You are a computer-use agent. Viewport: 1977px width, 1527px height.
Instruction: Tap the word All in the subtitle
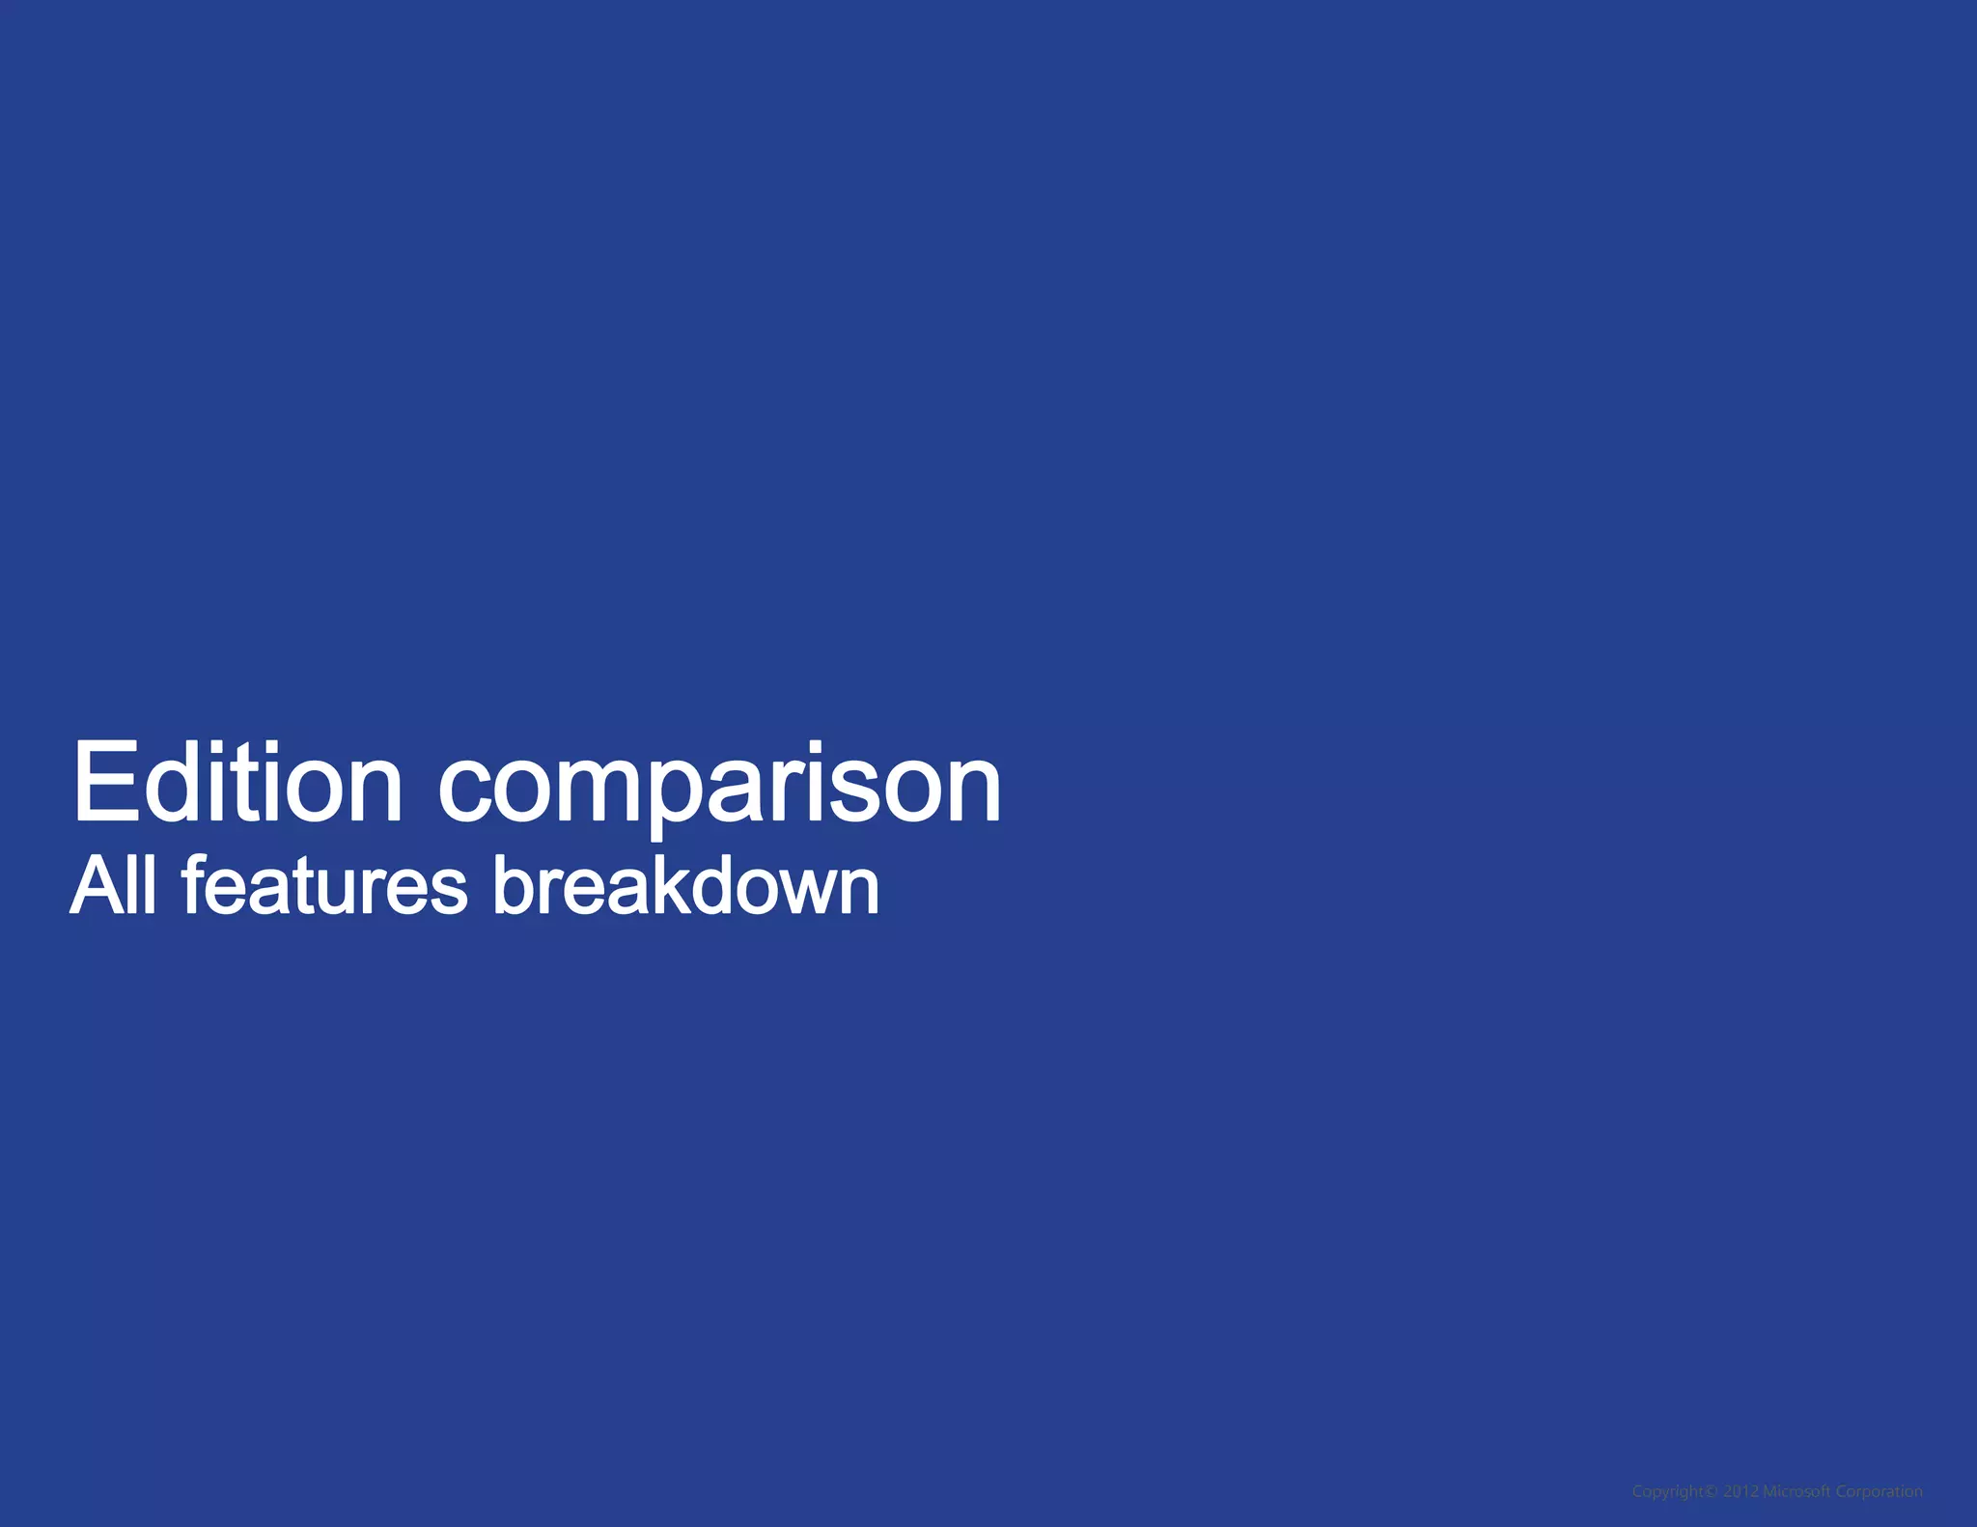pyautogui.click(x=113, y=885)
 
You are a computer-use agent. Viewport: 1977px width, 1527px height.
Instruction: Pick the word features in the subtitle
pyautogui.click(x=324, y=885)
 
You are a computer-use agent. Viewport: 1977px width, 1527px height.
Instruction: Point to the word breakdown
pyautogui.click(x=685, y=885)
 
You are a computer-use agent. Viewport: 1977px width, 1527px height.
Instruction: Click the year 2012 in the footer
pyautogui.click(x=1740, y=1491)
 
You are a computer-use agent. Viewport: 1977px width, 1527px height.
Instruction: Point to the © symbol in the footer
pyautogui.click(x=1712, y=1491)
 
